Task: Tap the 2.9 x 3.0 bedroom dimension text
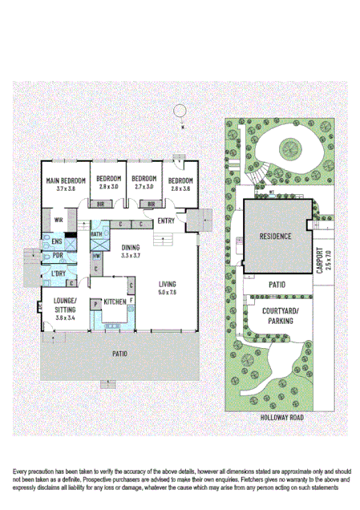[109, 186]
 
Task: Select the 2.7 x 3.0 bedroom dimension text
[144, 186]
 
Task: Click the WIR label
[59, 220]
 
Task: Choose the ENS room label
[57, 241]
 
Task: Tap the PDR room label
[57, 256]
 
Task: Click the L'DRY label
[58, 274]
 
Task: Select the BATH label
[96, 235]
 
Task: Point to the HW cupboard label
[95, 257]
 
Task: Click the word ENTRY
[167, 221]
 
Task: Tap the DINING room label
[131, 248]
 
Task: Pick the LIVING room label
[167, 285]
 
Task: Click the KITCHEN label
[115, 301]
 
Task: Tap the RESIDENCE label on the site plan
[275, 237]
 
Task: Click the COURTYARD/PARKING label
[275, 314]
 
